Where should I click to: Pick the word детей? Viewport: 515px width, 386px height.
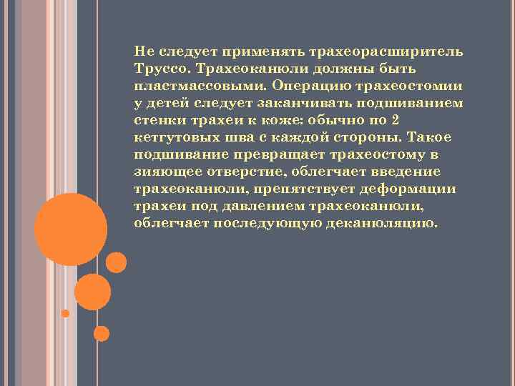[169, 103]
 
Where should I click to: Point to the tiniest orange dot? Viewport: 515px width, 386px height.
[65, 313]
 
